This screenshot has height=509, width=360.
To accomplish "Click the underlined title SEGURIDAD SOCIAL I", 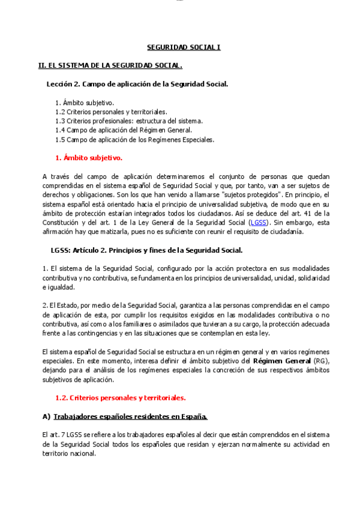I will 184,47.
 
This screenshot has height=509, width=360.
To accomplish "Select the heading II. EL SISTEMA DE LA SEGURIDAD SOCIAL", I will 110,65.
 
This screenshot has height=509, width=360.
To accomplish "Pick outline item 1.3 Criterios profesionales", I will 128,121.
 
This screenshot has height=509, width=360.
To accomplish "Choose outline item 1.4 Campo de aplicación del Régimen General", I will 123,130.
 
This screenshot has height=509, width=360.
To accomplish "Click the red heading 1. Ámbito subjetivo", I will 88,158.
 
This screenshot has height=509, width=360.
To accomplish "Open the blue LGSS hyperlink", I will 259,222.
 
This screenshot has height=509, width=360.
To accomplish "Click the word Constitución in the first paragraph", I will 61,222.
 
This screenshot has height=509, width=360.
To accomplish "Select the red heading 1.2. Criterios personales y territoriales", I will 120,397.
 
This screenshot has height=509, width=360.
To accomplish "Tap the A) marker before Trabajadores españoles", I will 46,417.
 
